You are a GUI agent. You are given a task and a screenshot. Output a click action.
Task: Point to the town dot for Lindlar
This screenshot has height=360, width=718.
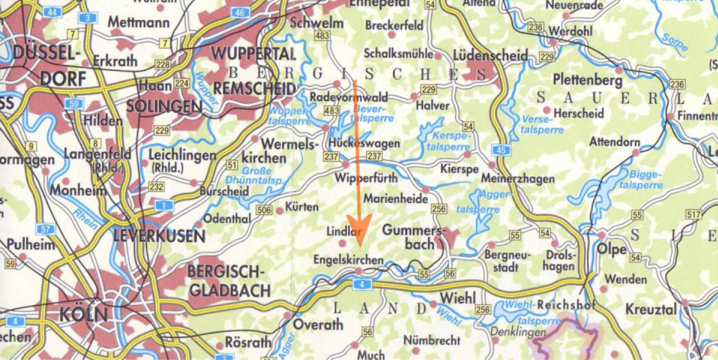[x=342, y=243]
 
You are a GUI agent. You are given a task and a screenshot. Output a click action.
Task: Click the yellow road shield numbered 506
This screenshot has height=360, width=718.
[x=264, y=210]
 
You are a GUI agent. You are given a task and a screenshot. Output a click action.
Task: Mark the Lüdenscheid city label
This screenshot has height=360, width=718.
[x=490, y=55]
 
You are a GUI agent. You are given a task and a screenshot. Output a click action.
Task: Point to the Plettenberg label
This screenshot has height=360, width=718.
[x=588, y=80]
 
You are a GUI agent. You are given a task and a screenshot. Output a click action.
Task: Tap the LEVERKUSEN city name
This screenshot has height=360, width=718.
[x=160, y=236]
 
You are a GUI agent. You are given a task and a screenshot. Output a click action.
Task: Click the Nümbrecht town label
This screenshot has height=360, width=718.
[x=431, y=340]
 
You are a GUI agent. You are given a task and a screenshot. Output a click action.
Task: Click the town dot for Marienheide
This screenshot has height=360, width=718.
[x=426, y=190]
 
